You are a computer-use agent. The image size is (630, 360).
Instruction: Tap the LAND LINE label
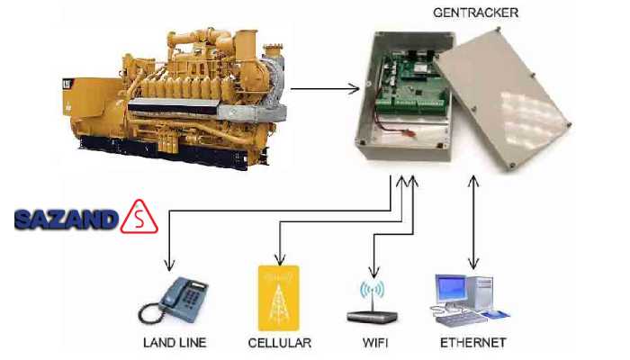(x=175, y=343)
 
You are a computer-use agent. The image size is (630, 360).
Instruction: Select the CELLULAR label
(x=280, y=343)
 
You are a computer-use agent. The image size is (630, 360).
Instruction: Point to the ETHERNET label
(x=472, y=343)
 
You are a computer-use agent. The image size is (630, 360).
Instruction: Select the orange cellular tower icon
(x=280, y=298)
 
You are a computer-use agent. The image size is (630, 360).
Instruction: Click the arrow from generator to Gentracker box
(x=324, y=89)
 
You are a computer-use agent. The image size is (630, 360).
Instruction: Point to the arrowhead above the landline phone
(x=166, y=265)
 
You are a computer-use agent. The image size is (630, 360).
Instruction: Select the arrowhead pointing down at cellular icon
(x=280, y=258)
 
